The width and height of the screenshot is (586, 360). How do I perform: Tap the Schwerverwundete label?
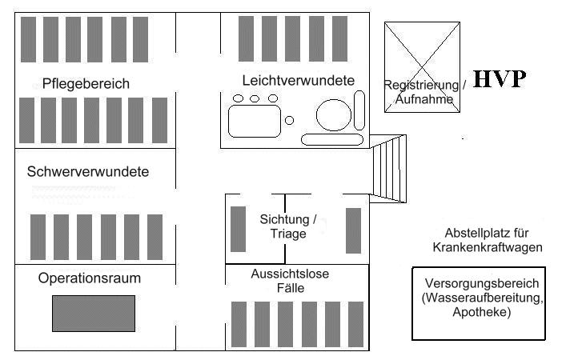(x=88, y=171)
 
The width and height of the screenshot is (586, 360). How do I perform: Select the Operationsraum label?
(x=90, y=278)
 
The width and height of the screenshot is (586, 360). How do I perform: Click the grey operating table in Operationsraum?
(x=94, y=314)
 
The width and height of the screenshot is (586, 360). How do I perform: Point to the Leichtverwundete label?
(x=298, y=81)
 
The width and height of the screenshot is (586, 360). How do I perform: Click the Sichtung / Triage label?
(x=288, y=226)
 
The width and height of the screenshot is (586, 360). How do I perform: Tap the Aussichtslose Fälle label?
(x=290, y=281)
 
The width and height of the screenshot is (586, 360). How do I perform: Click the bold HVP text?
(x=499, y=79)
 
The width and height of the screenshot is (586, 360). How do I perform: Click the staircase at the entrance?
(x=389, y=169)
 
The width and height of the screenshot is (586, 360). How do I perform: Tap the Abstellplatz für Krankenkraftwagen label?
(x=488, y=240)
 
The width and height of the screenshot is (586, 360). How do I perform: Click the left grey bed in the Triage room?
(x=238, y=229)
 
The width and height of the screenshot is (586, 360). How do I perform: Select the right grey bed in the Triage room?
(x=353, y=230)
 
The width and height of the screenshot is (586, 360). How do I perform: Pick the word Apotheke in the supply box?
(x=482, y=313)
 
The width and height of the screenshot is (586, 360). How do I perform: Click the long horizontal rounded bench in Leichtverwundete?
(x=331, y=139)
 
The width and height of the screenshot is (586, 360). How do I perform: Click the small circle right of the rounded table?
(x=290, y=120)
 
